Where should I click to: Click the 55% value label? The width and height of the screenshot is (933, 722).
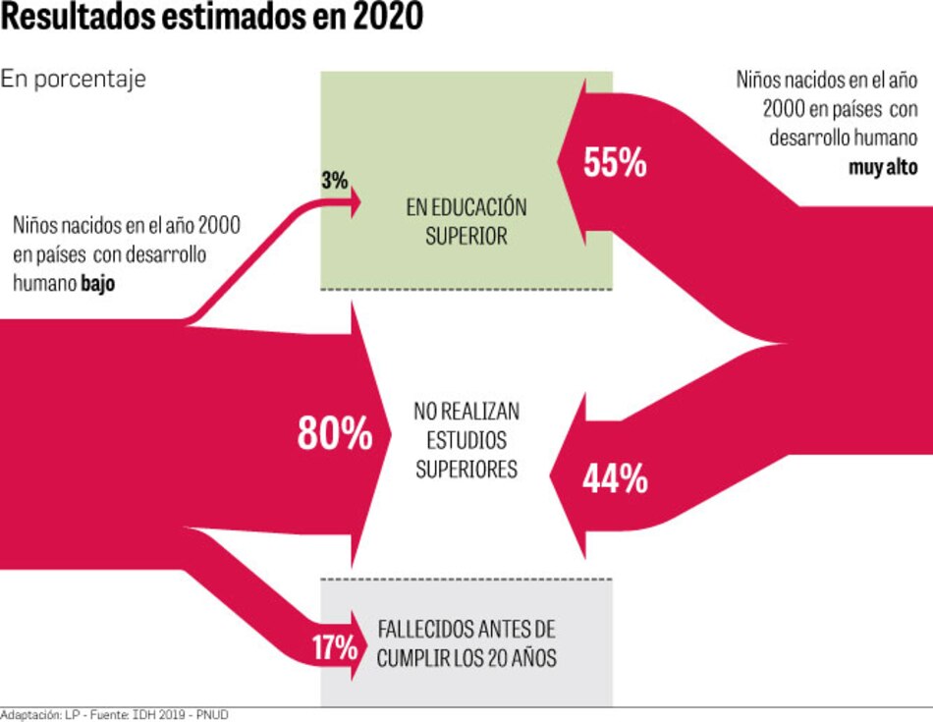615,163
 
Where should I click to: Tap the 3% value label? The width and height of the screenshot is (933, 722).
334,181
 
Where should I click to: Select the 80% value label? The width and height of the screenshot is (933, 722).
335,433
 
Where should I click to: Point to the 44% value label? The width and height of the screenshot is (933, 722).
615,478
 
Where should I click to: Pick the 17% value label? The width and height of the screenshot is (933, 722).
334,647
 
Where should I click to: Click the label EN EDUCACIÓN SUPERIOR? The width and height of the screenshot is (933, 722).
466,222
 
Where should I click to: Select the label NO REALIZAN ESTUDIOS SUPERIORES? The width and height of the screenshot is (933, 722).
466,440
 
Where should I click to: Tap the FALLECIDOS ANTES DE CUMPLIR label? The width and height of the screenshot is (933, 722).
466,643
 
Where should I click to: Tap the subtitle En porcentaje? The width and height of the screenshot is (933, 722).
73,79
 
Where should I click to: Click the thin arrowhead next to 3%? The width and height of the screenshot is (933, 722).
354,203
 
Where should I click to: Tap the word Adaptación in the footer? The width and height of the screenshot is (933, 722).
30,714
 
